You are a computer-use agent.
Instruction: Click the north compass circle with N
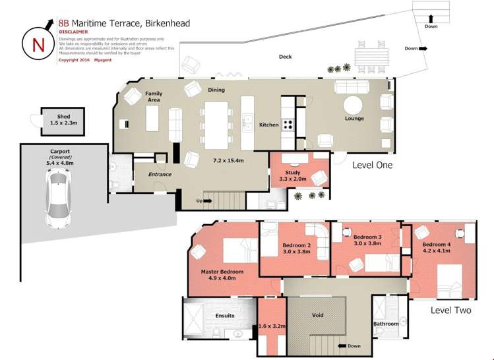pos(34,44)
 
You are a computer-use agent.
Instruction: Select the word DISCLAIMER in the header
pos(73,31)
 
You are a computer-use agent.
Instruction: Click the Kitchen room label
pos(268,125)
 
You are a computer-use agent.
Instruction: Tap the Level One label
pos(372,165)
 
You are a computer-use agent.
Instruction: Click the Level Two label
pos(450,309)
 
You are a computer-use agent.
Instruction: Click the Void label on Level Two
pos(317,315)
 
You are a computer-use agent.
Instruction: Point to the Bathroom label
pos(386,324)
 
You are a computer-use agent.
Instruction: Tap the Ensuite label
pos(225,315)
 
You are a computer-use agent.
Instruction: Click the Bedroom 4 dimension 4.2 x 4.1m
pos(436,251)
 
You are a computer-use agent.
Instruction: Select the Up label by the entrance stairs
pos(199,200)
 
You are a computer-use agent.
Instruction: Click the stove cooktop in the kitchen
pos(288,124)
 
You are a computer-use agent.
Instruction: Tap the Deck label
pos(285,57)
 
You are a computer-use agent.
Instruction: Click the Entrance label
pos(160,174)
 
